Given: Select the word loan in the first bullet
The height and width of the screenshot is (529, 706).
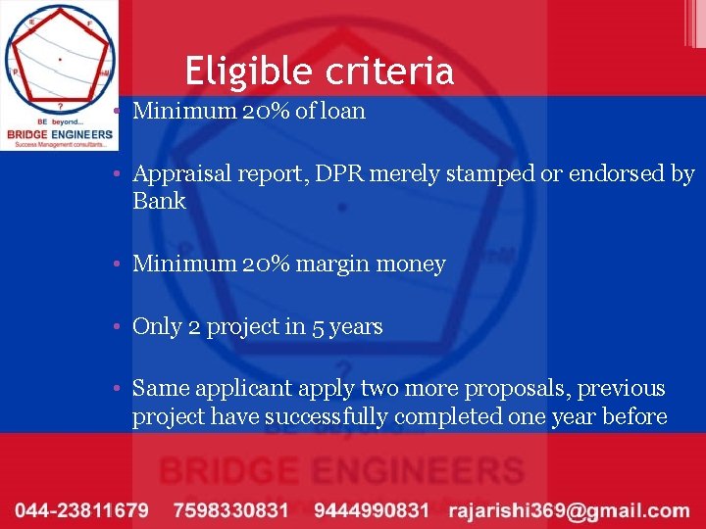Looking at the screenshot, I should point(343,111).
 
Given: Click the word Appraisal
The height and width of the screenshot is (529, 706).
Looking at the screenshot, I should point(179,175).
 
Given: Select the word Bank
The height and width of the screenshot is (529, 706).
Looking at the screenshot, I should point(159,201).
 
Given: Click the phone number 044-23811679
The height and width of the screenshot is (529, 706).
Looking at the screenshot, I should point(81,510).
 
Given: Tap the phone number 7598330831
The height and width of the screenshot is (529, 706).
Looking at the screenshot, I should point(230,510).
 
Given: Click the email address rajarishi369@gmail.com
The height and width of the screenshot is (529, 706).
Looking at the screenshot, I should point(569,510).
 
